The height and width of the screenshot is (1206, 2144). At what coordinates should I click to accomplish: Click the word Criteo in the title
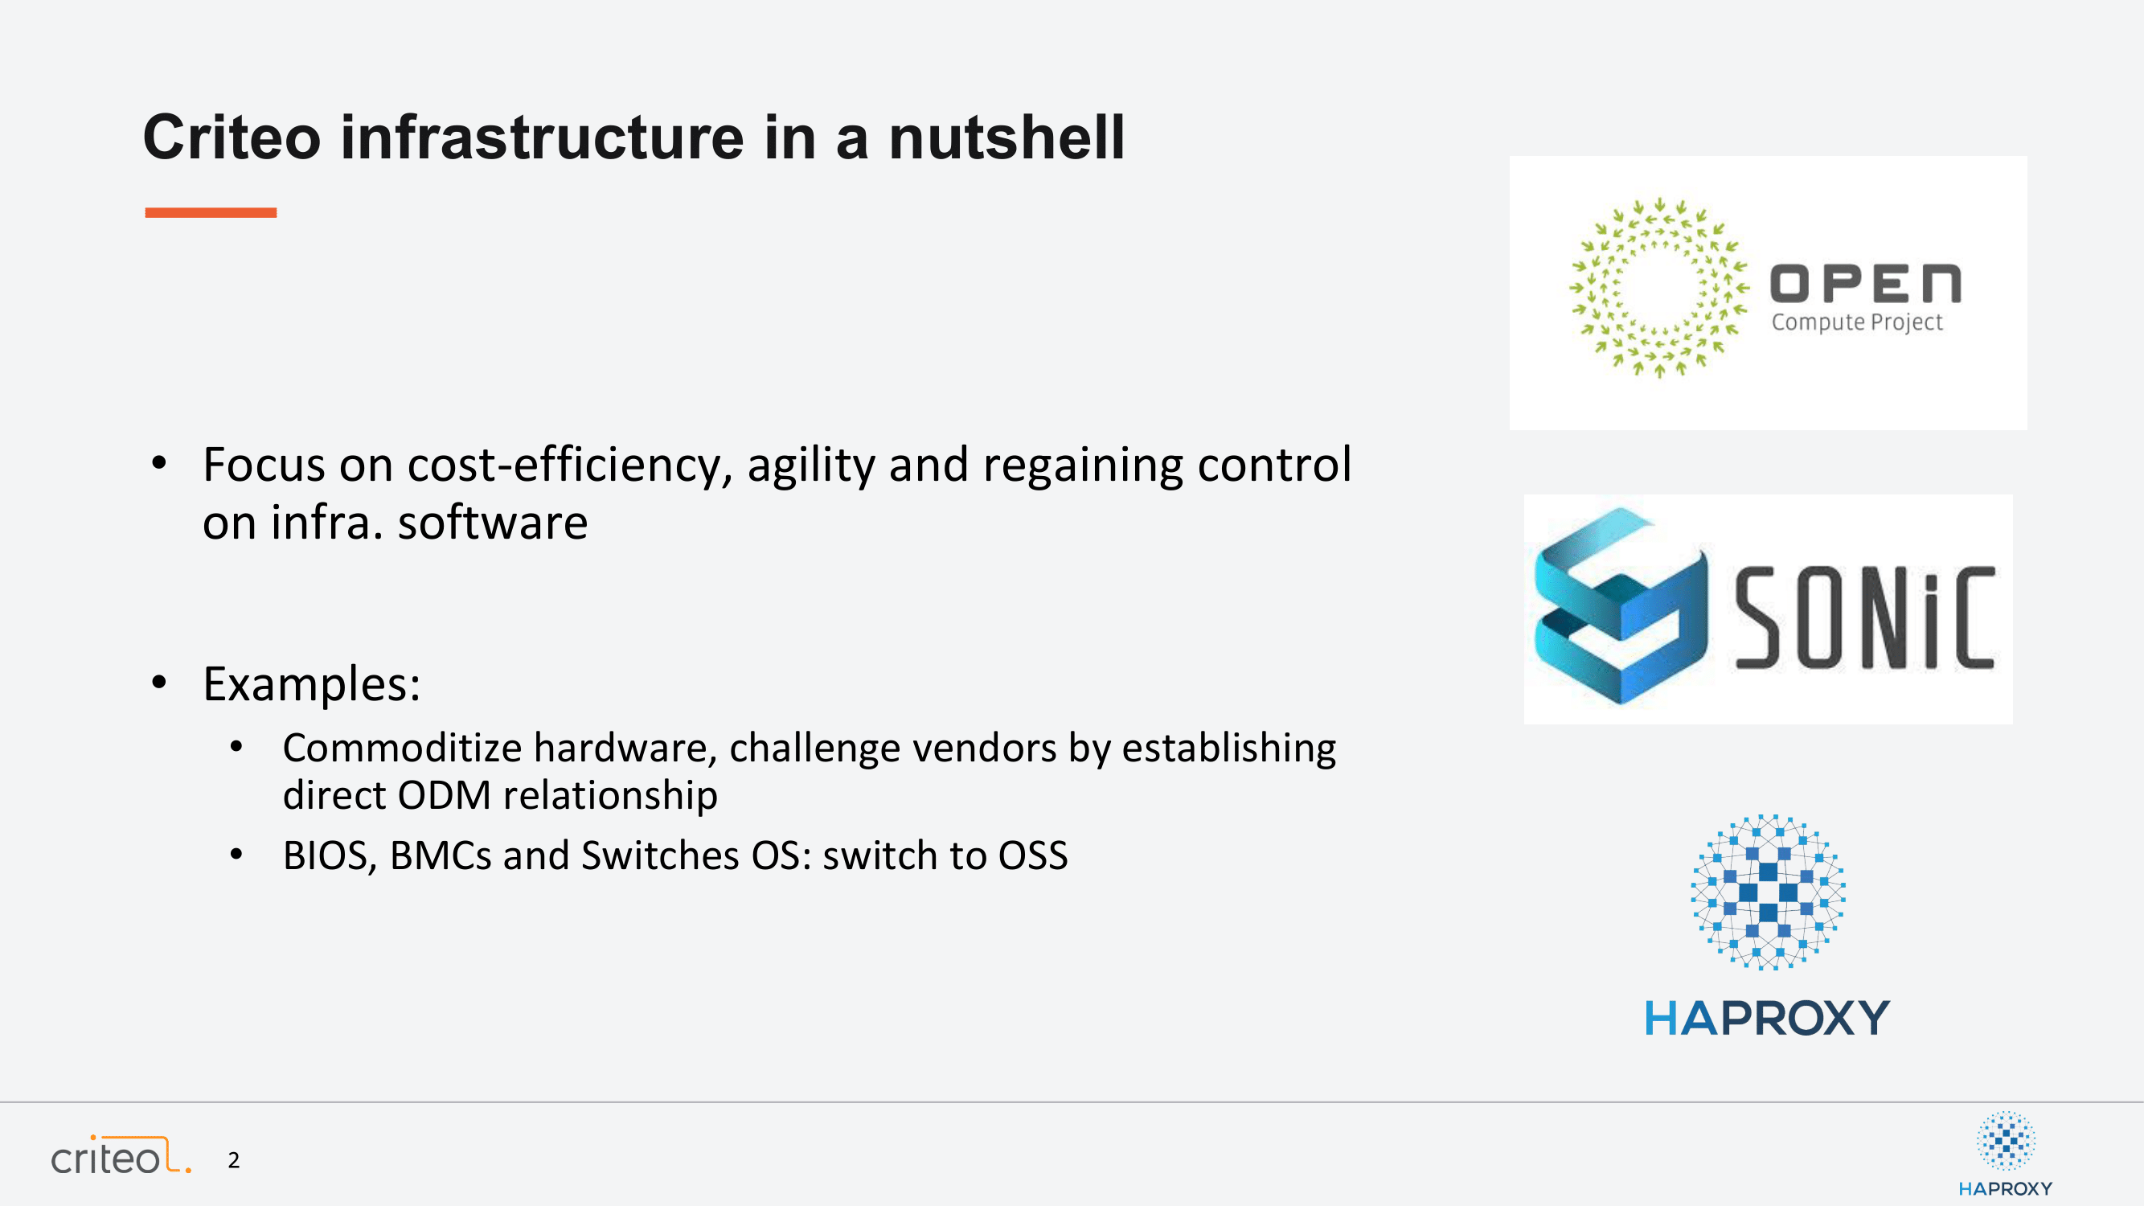tap(232, 137)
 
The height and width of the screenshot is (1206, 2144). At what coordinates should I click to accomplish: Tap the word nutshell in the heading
tap(1007, 137)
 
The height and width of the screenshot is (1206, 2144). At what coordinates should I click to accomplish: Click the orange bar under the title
tap(211, 212)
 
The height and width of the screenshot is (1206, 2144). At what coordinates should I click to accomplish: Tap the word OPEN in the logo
tap(1865, 284)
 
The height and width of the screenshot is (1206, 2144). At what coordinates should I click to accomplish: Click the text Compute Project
tap(1857, 322)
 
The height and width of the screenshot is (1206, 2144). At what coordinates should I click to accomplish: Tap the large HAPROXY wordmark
tap(1767, 1018)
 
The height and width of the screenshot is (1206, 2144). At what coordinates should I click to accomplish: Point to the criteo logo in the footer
tap(121, 1155)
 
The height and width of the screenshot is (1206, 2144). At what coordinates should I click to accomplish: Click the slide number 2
tap(234, 1160)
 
